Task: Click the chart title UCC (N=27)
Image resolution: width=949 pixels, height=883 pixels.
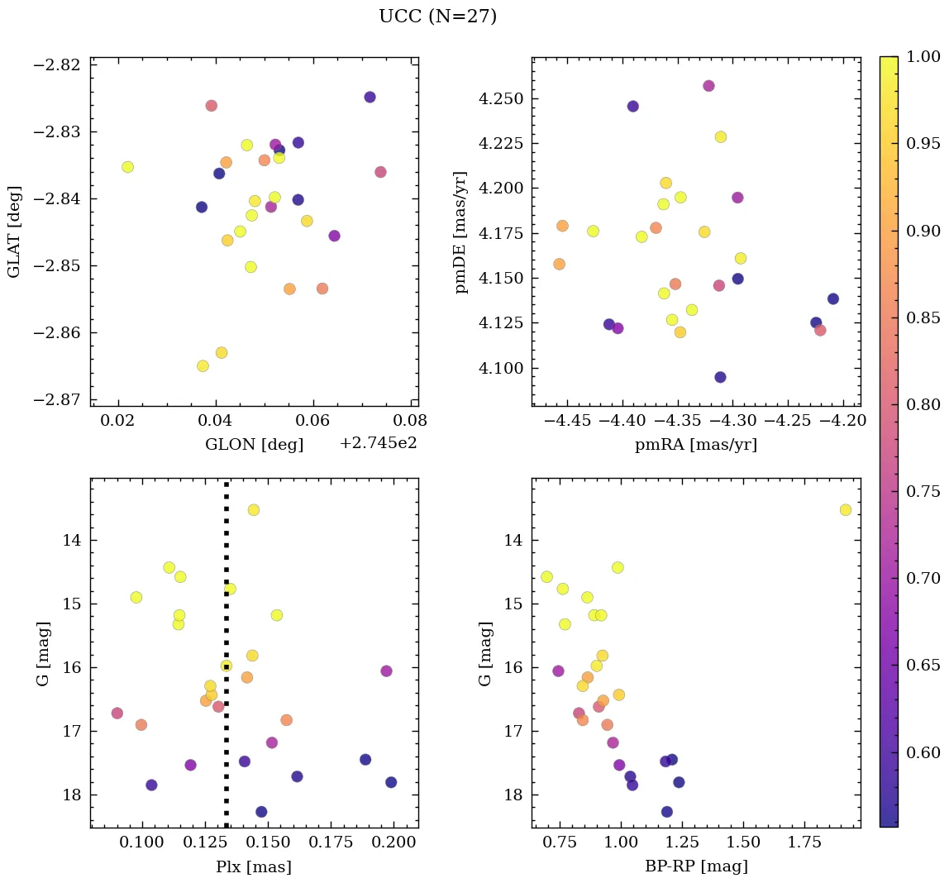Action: point(437,17)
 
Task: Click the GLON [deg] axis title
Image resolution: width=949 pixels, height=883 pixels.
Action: point(254,445)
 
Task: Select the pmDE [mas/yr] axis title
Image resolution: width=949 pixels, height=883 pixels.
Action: point(461,232)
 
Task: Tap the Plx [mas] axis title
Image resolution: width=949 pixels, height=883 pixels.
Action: point(254,866)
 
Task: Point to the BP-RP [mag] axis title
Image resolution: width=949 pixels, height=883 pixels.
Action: point(696,866)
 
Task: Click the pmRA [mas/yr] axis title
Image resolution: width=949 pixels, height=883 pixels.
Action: point(696,445)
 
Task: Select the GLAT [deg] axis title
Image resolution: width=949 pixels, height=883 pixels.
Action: point(14,232)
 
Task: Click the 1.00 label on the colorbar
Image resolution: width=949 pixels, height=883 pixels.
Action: point(924,57)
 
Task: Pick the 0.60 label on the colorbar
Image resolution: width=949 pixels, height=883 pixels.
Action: point(924,752)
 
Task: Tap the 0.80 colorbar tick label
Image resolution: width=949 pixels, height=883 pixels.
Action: point(924,405)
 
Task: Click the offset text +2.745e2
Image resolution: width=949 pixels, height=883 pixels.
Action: point(378,443)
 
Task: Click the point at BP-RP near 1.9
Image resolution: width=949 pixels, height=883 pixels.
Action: point(845,510)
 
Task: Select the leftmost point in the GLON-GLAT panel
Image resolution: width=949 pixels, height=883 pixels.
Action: point(127,167)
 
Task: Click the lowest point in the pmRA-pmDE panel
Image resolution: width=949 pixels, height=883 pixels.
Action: point(720,377)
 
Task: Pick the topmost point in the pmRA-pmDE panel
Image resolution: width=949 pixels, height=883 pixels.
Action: point(708,86)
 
